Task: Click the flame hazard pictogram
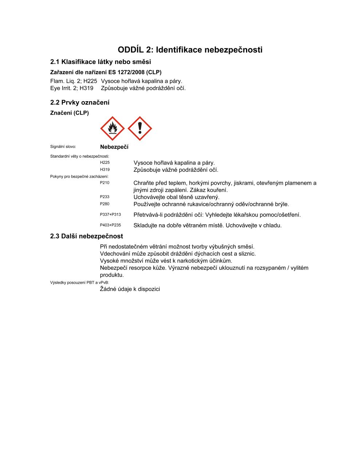point(112,129)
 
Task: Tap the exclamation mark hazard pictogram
point(140,129)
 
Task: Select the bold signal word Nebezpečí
point(114,147)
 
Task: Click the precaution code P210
point(104,183)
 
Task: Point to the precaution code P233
point(104,197)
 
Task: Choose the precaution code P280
point(104,204)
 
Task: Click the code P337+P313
point(110,215)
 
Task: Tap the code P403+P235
point(110,225)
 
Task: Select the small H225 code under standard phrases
point(105,163)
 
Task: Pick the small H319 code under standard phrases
point(105,170)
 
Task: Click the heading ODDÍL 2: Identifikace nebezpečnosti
point(190,50)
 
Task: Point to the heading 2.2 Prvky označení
point(80,103)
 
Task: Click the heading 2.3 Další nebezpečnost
point(87,236)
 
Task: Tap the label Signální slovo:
point(63,147)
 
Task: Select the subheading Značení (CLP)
point(69,113)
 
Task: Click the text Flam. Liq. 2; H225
point(74,81)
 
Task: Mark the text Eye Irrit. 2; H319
point(72,88)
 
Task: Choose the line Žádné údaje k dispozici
point(130,289)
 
